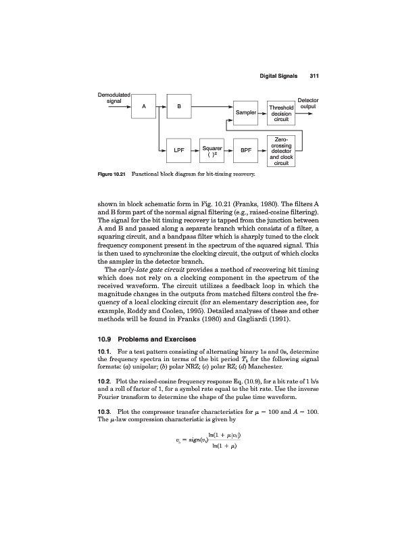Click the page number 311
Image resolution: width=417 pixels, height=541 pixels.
[313, 75]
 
